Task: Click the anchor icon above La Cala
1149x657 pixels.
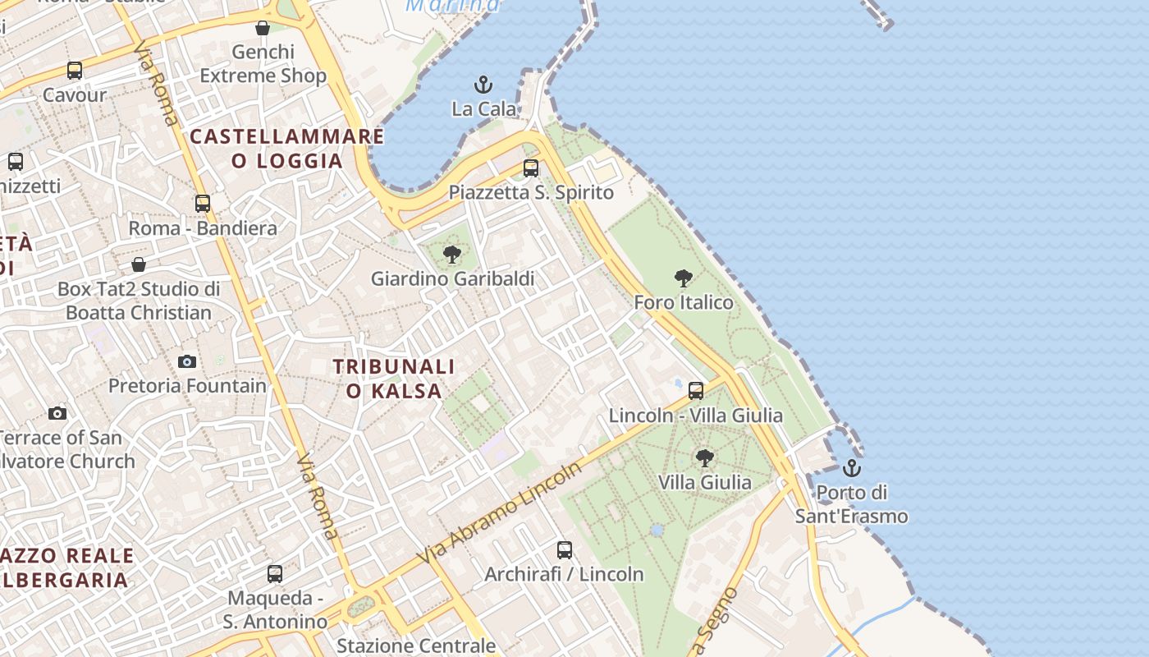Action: pyautogui.click(x=483, y=84)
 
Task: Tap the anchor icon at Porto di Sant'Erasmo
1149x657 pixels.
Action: pyautogui.click(x=852, y=468)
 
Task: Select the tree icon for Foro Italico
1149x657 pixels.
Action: pyautogui.click(x=683, y=278)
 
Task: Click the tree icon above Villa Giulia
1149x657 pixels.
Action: pyautogui.click(x=704, y=458)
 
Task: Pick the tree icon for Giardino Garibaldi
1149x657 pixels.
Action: pyautogui.click(x=452, y=255)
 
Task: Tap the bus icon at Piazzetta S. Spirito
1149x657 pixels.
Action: pyautogui.click(x=531, y=168)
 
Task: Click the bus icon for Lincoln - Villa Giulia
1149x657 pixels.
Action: pyautogui.click(x=696, y=391)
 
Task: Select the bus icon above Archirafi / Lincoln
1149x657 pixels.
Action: pyautogui.click(x=565, y=550)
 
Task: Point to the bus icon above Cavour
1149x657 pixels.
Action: pyautogui.click(x=75, y=71)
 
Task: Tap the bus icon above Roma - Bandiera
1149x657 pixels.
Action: pyautogui.click(x=203, y=204)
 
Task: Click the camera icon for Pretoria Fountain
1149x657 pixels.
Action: pyautogui.click(x=187, y=361)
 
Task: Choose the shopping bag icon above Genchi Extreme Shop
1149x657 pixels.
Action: pyautogui.click(x=263, y=29)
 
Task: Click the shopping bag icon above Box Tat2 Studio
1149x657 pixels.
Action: pyautogui.click(x=139, y=264)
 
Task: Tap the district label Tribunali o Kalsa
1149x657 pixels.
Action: pyautogui.click(x=394, y=379)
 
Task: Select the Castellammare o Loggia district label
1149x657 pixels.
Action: pyautogui.click(x=287, y=148)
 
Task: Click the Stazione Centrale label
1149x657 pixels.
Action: pyautogui.click(x=416, y=646)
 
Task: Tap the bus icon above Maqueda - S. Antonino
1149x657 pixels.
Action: pyautogui.click(x=275, y=574)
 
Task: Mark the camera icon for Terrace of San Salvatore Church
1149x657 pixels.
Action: pyautogui.click(x=57, y=413)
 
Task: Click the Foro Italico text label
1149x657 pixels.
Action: pyautogui.click(x=684, y=302)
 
